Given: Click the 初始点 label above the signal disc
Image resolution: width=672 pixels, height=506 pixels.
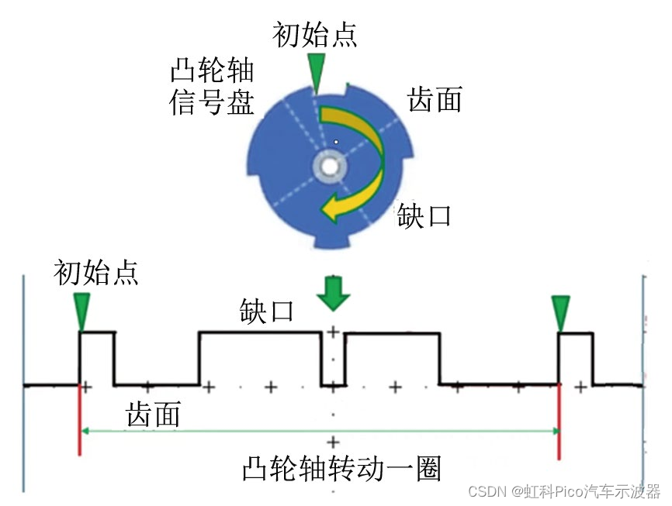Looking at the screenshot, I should (x=315, y=34).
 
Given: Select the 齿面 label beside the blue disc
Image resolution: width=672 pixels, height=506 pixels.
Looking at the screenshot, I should (x=435, y=99).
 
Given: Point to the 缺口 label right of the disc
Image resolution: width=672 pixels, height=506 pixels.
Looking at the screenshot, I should (x=424, y=215).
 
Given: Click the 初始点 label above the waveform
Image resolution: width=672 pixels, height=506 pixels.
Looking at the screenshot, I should (x=96, y=272).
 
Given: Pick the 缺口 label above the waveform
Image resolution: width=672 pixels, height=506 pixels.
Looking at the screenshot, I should (x=265, y=312).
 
